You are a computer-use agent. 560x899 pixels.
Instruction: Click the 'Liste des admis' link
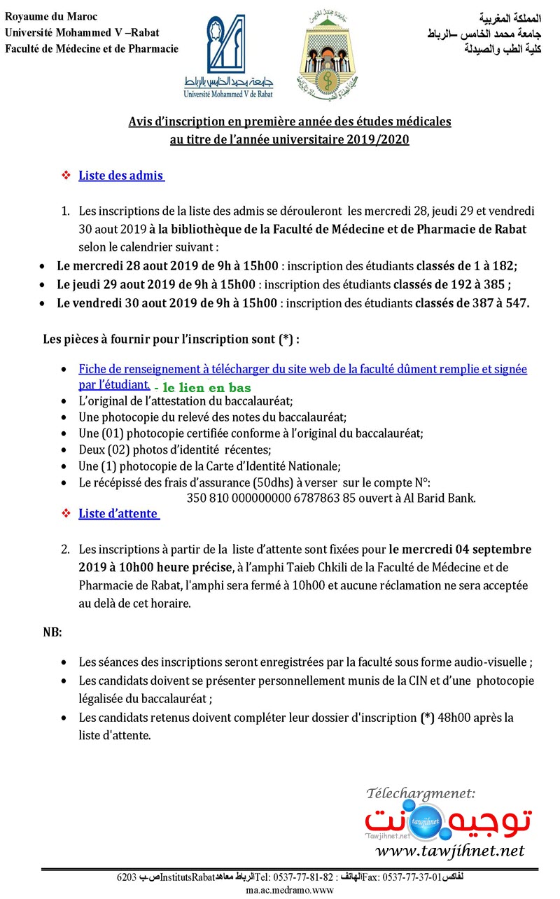(120, 176)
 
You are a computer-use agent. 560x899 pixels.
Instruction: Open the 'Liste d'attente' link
(118, 514)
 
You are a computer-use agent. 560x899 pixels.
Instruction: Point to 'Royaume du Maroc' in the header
(51, 16)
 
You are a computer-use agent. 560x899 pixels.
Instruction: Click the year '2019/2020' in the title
(378, 139)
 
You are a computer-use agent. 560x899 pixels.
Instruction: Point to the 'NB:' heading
(52, 632)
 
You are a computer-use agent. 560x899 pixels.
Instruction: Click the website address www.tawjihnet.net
(449, 851)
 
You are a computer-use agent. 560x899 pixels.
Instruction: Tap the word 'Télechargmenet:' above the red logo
(420, 793)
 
